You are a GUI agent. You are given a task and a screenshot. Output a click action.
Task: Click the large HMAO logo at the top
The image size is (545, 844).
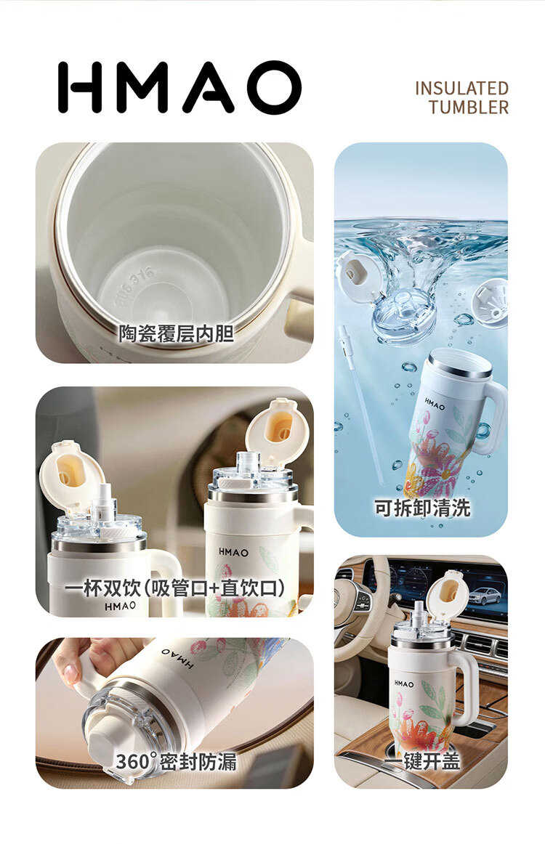pyautogui.click(x=180, y=86)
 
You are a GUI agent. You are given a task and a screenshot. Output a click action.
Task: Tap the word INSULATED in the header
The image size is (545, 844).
pyautogui.click(x=461, y=88)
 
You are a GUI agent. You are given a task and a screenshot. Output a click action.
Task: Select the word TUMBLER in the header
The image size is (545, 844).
pyautogui.click(x=469, y=107)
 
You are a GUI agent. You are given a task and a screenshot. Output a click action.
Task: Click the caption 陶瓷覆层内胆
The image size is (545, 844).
pyautogui.click(x=176, y=333)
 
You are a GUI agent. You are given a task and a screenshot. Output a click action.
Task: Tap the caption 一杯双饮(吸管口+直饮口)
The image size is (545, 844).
pyautogui.click(x=175, y=588)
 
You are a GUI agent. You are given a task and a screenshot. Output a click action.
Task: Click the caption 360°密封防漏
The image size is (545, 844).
pyautogui.click(x=176, y=761)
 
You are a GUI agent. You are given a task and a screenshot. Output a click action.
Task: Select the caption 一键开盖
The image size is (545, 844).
pyautogui.click(x=423, y=761)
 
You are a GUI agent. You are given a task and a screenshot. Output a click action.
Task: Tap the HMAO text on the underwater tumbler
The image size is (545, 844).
pyautogui.click(x=435, y=404)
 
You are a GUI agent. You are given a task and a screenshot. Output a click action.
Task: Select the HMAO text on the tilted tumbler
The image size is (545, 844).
pyautogui.click(x=178, y=658)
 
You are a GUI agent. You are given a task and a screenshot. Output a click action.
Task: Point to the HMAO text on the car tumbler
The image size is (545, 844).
pyautogui.click(x=404, y=683)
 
